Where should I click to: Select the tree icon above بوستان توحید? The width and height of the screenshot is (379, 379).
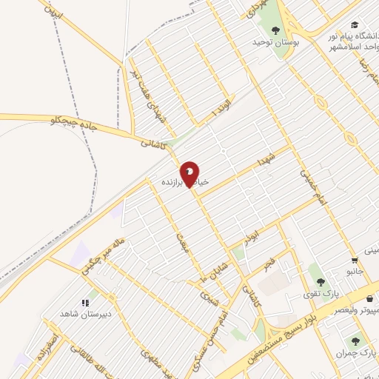pos(276,30)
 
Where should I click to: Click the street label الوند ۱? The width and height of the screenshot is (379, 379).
pos(221,105)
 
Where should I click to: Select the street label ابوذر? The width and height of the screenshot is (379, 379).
pos(252,237)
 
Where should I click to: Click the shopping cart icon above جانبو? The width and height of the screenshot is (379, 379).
pos(355,260)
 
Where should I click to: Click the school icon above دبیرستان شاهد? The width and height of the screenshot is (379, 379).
pos(84,302)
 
